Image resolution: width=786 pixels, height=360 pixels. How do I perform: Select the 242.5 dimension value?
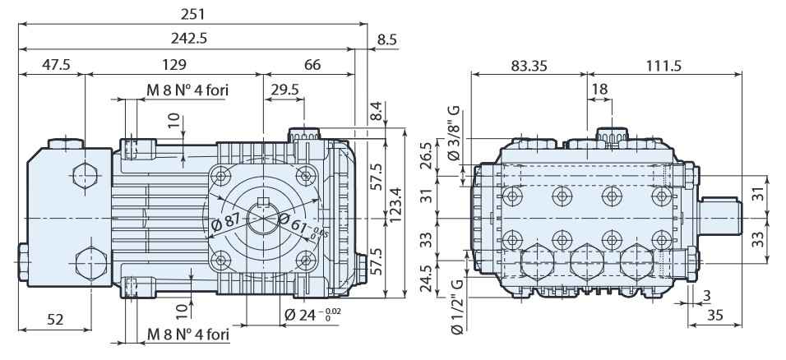tap(191, 39)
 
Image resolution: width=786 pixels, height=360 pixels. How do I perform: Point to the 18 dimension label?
tap(598, 89)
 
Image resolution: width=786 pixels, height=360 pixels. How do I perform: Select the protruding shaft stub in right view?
tap(722, 216)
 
